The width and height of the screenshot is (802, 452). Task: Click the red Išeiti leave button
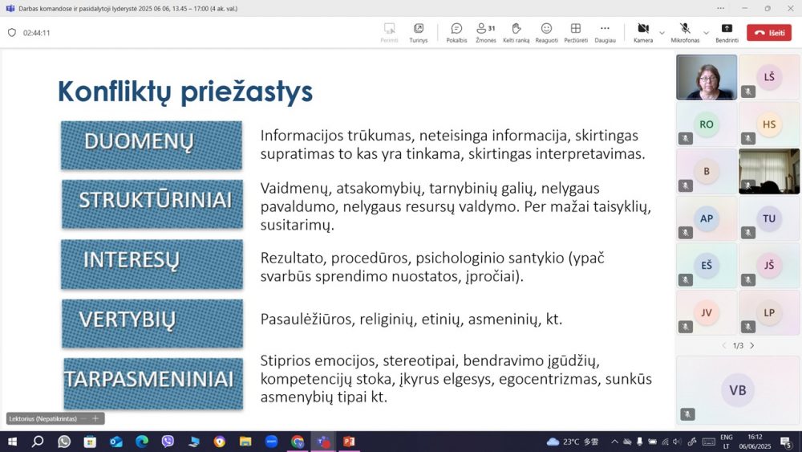[769, 33]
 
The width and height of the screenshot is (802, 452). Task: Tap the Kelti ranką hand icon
[516, 28]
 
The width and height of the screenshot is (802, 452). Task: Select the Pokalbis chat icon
[456, 28]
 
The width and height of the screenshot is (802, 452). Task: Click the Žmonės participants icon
[481, 28]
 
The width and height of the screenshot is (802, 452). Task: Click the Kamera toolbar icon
[643, 28]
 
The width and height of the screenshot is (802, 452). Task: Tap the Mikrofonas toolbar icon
[685, 28]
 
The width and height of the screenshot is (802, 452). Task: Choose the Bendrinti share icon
[727, 28]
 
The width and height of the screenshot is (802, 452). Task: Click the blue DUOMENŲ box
[152, 145]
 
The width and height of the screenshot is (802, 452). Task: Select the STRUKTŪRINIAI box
[152, 204]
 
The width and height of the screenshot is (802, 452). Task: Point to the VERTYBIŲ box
[152, 324]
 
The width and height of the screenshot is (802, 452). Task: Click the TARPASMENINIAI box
[153, 384]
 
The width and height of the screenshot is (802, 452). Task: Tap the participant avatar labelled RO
[707, 124]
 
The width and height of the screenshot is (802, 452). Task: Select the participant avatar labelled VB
[738, 390]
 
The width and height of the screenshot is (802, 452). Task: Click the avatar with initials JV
[707, 312]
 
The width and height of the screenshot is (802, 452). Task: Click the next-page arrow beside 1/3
[752, 345]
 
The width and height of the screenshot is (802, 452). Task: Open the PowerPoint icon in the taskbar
[349, 442]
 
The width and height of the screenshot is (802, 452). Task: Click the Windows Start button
[12, 442]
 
